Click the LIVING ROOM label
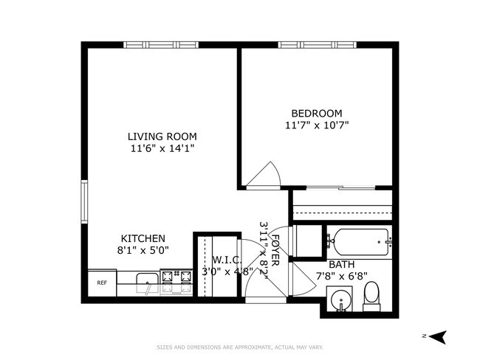pyautogui.click(x=162, y=136)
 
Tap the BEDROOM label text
pyautogui.click(x=316, y=113)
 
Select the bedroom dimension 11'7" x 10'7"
pyautogui.click(x=316, y=125)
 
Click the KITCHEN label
pyautogui.click(x=143, y=238)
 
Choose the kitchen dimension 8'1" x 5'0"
pyautogui.click(x=143, y=250)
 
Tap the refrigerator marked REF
pyautogui.click(x=102, y=283)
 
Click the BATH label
pyautogui.click(x=340, y=264)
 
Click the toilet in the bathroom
pyautogui.click(x=371, y=294)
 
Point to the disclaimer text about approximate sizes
pyautogui.click(x=240, y=347)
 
